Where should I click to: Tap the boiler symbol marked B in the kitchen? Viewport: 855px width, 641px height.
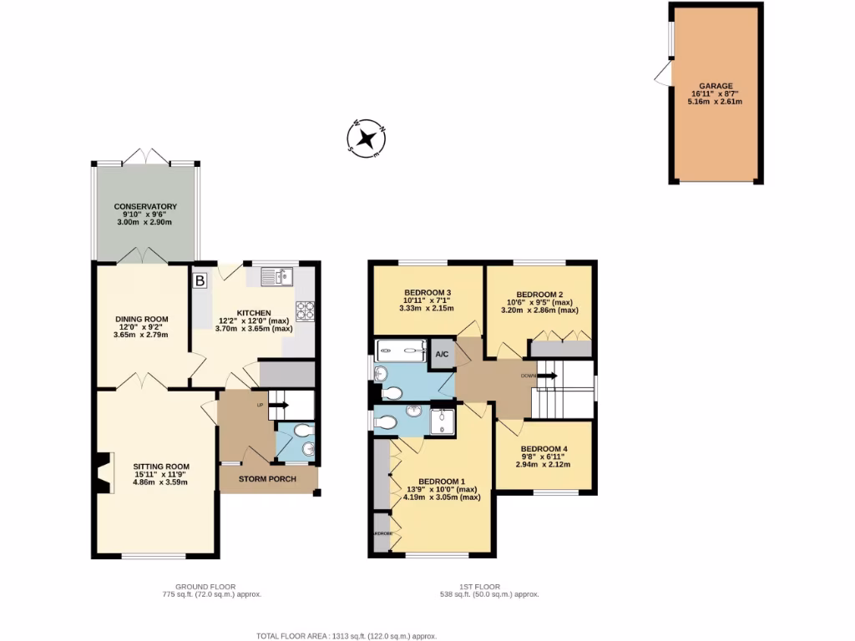[200, 281]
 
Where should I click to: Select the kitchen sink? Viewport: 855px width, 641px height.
[276, 276]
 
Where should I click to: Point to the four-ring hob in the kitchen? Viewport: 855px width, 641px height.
[306, 310]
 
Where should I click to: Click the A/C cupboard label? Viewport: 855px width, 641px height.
[442, 354]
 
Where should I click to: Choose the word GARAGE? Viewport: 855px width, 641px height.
[716, 85]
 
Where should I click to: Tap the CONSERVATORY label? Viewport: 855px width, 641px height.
[146, 206]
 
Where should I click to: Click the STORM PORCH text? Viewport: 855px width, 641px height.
[267, 479]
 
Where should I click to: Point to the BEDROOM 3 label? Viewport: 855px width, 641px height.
[427, 292]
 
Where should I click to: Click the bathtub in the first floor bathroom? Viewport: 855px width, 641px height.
[402, 351]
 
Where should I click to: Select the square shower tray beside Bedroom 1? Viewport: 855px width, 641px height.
[443, 421]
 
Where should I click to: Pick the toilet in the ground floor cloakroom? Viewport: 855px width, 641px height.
[302, 430]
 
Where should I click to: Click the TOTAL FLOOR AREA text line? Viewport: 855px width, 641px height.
[347, 634]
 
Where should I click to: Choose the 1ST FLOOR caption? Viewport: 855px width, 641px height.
[482, 586]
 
